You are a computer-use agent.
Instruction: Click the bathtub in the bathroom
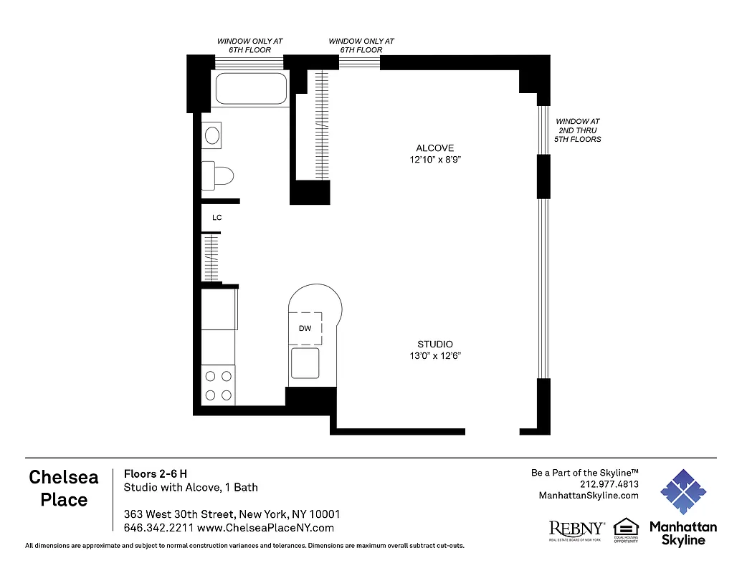(251, 89)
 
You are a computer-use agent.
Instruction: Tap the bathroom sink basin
(212, 135)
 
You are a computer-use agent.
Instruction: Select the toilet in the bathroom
(219, 175)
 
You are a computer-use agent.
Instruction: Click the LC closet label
(217, 217)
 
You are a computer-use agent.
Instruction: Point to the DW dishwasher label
(304, 329)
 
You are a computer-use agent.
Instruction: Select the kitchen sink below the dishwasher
(305, 362)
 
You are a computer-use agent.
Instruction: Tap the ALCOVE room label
(434, 148)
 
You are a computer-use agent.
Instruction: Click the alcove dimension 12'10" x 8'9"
(435, 160)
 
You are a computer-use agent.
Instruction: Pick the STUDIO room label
(435, 345)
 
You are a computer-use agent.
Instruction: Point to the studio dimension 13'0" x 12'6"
(435, 356)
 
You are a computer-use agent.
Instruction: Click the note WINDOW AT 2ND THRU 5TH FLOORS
(578, 130)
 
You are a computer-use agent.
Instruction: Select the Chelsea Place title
(64, 488)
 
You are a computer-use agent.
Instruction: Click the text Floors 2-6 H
(156, 473)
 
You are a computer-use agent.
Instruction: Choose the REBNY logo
(576, 529)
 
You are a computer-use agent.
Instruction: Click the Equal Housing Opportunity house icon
(626, 526)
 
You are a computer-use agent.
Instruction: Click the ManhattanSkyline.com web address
(588, 496)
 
